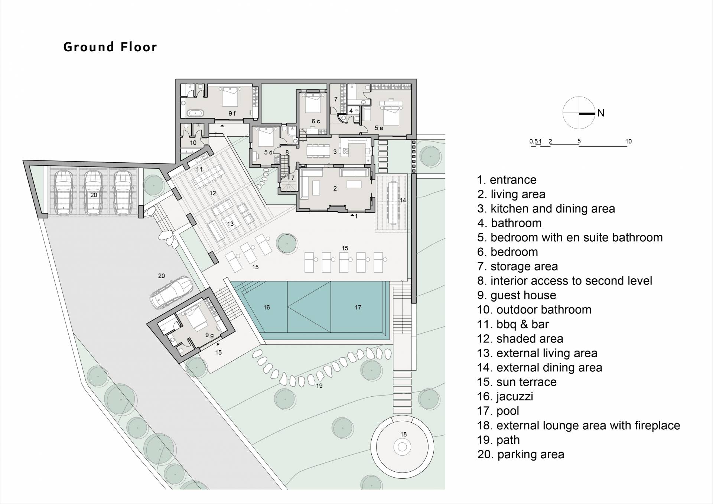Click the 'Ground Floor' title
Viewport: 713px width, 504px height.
[x=110, y=47]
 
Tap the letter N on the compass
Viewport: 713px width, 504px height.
[x=601, y=113]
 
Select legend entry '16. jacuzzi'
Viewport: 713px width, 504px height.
[x=505, y=396]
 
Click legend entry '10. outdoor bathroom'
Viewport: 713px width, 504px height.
[x=534, y=309]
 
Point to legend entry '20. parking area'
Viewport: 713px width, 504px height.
[x=521, y=454]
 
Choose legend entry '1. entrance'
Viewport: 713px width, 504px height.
[x=507, y=180]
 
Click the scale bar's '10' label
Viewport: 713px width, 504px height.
[x=628, y=141]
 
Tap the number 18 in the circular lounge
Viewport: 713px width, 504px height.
[x=404, y=434]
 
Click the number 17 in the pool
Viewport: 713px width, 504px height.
[x=358, y=307]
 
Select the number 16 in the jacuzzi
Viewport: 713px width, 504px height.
[x=267, y=307]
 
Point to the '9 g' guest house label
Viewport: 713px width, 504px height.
[x=209, y=335]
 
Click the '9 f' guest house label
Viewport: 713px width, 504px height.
[x=232, y=113]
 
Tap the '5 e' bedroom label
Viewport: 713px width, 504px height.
[x=379, y=128]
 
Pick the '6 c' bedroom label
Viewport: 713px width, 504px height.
[x=316, y=121]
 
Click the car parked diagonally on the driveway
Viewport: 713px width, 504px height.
[x=172, y=292]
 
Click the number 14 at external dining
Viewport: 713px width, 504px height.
[x=403, y=200]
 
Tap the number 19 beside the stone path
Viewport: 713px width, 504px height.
[x=319, y=386]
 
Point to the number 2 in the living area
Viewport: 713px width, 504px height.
[x=335, y=189]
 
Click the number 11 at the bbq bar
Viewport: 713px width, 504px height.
[x=199, y=169]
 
